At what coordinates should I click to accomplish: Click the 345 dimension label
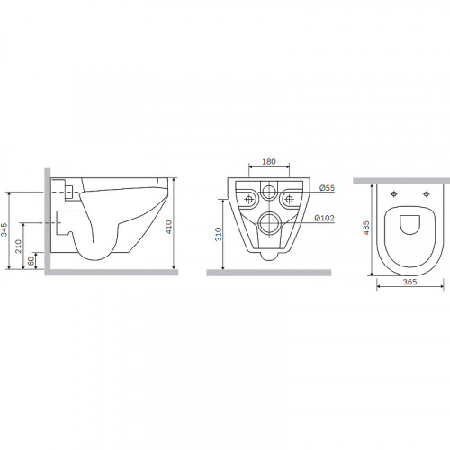click(x=4, y=230)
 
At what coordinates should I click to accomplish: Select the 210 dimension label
click(x=19, y=246)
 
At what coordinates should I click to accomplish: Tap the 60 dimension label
click(x=31, y=261)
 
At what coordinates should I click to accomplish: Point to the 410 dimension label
click(x=169, y=227)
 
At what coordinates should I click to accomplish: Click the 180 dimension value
click(x=269, y=162)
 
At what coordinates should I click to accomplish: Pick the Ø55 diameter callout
click(x=327, y=188)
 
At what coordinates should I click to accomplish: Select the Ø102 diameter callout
click(x=324, y=218)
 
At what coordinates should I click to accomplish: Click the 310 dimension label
click(x=219, y=234)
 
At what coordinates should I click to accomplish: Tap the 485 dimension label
click(x=366, y=228)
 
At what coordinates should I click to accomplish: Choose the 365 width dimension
click(x=409, y=282)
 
